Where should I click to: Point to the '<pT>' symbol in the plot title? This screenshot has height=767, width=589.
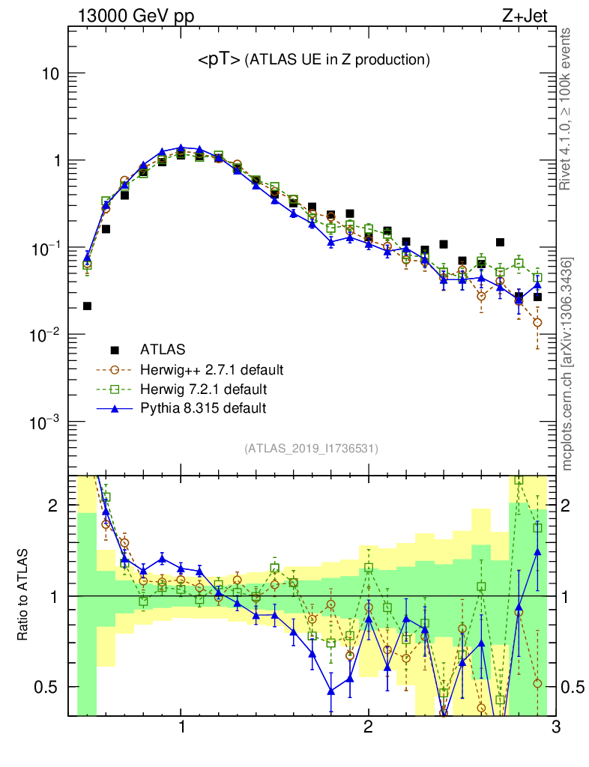click(219, 60)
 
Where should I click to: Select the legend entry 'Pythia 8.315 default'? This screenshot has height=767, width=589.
click(203, 408)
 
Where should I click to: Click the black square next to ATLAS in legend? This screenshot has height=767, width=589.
click(115, 350)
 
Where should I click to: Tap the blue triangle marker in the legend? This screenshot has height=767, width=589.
click(115, 408)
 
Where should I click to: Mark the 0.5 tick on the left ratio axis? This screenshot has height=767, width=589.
click(49, 687)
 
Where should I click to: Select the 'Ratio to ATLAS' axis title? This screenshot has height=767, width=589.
click(23, 595)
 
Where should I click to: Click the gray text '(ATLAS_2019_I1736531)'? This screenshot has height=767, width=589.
click(311, 449)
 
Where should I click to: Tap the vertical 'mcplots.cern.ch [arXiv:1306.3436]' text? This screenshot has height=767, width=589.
click(567, 363)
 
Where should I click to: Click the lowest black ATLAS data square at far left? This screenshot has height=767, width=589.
click(88, 306)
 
